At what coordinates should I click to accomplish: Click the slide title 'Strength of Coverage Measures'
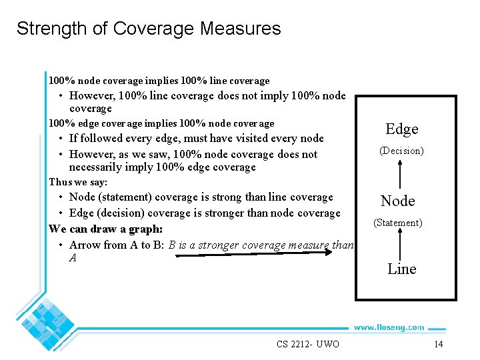point(149,29)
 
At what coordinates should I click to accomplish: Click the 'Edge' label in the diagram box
point(401,129)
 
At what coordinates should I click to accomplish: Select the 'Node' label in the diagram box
point(397,201)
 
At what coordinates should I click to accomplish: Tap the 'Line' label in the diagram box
point(401,269)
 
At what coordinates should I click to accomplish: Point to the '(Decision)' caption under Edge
point(401,151)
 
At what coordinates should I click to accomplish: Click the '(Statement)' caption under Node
point(397,223)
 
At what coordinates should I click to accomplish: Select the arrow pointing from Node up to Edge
point(399,175)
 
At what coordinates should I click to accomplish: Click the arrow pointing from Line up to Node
point(399,245)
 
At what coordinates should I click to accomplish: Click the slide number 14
point(438,344)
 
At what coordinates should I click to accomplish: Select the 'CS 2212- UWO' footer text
point(308,344)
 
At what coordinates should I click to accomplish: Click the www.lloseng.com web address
point(389,327)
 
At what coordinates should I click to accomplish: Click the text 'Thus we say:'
point(78,182)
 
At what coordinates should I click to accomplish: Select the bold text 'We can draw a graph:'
point(105,229)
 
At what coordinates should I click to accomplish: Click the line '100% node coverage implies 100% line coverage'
point(159,81)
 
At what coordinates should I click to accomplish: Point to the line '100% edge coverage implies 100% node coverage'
point(161,123)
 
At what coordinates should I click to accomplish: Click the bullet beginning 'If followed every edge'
point(196,139)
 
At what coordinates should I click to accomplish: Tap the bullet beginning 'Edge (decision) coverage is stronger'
point(204,213)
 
